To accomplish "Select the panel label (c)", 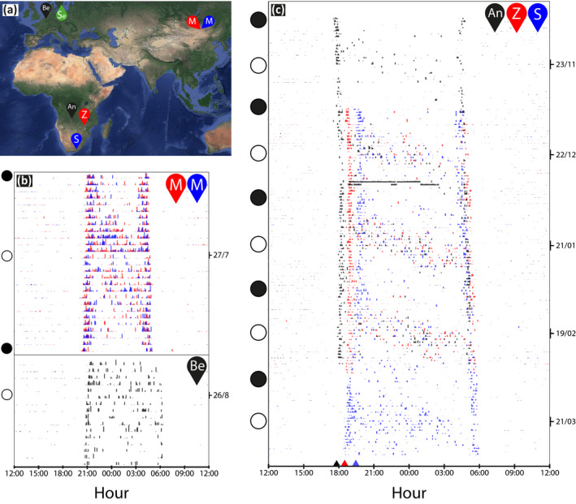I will (279, 11).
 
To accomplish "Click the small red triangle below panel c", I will (344, 463).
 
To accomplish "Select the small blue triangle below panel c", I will (355, 463).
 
